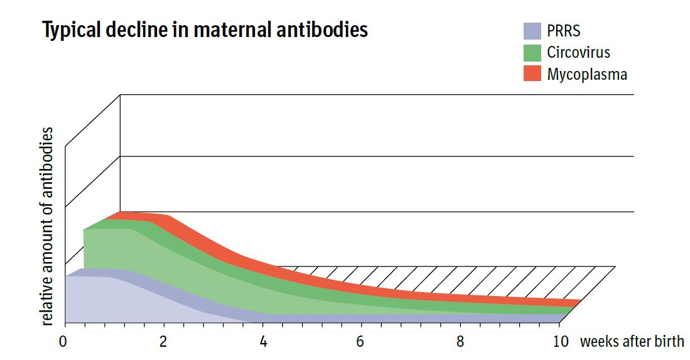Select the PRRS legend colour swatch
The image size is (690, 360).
click(x=532, y=31)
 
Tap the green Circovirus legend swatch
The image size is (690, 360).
click(x=532, y=52)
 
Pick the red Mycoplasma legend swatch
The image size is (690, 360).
click(x=532, y=74)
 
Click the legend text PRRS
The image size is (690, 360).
click(x=564, y=31)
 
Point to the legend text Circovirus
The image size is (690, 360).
click(x=578, y=52)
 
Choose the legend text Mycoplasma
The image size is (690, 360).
click(x=587, y=74)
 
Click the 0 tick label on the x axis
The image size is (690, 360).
click(x=63, y=342)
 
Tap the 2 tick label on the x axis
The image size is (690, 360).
click(x=164, y=342)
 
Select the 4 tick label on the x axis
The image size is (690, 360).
click(x=263, y=342)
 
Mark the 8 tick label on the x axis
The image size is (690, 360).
click(x=461, y=342)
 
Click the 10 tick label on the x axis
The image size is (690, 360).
click(x=561, y=342)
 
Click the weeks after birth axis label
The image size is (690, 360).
click(x=632, y=342)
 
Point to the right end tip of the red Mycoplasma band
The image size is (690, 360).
click(x=578, y=303)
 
